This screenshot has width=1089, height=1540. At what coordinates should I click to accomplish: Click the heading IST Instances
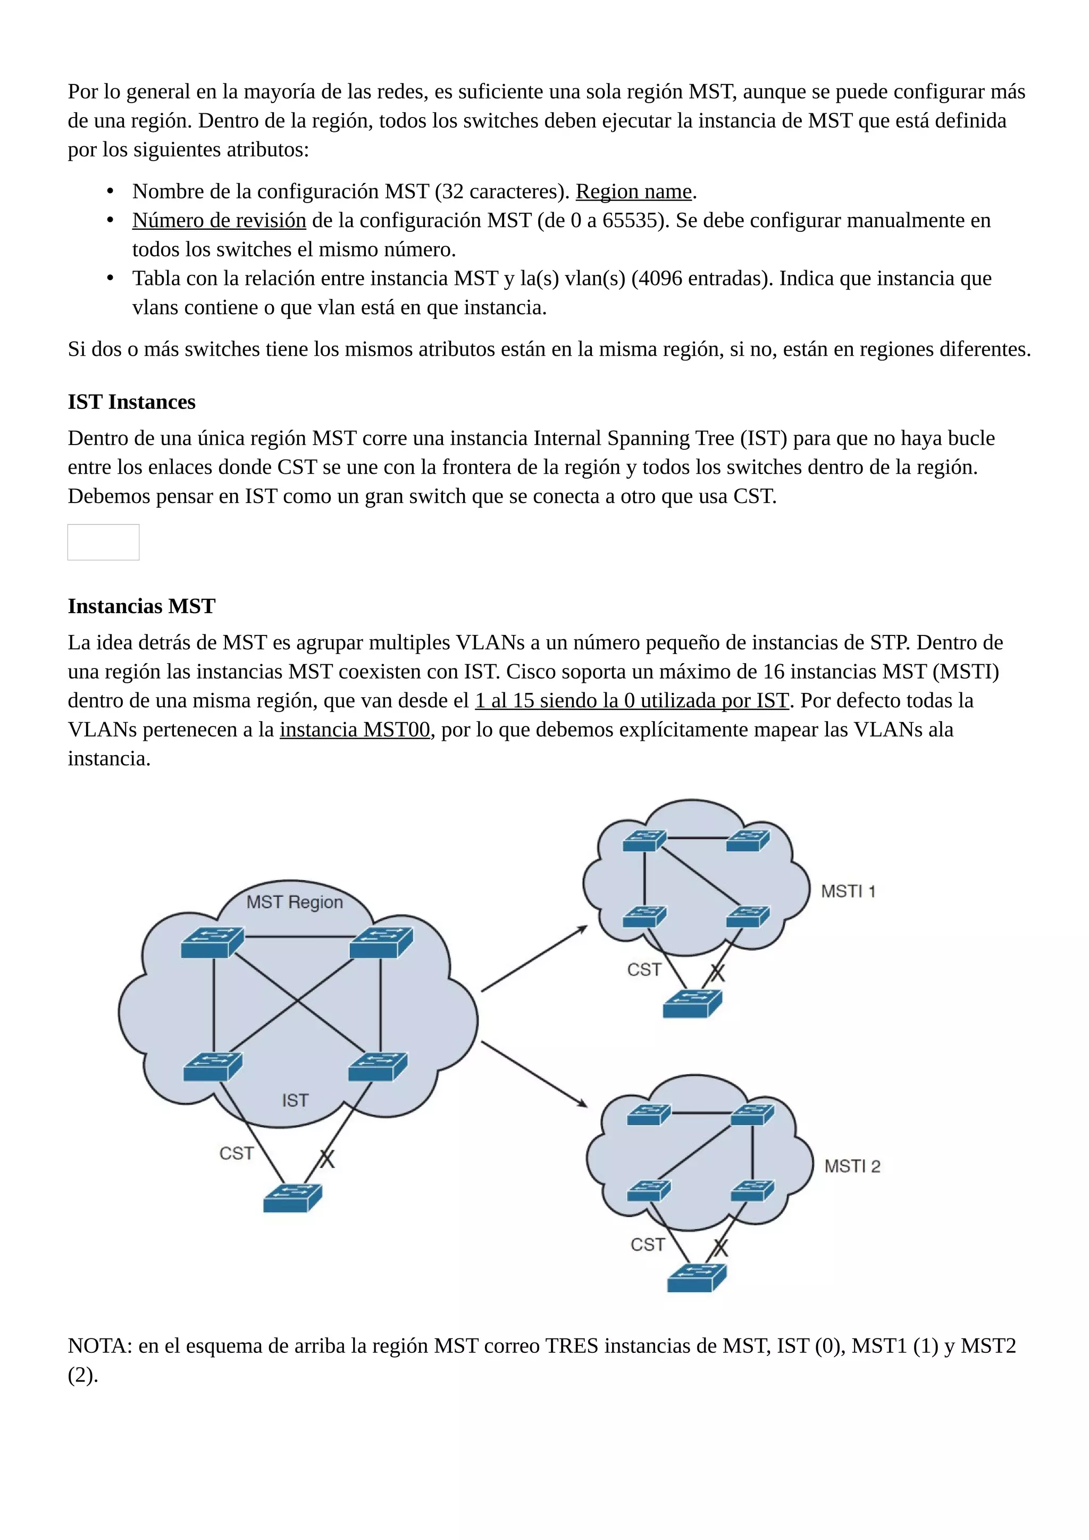(x=131, y=402)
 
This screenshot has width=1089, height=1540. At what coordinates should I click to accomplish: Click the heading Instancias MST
(x=141, y=606)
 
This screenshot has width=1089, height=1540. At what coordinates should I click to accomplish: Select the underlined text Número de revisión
(x=219, y=221)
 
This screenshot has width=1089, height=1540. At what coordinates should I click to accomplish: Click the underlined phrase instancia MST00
(x=355, y=730)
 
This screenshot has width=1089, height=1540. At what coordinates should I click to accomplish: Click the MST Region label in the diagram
(x=295, y=902)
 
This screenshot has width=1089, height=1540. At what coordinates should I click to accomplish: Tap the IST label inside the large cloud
(x=295, y=1100)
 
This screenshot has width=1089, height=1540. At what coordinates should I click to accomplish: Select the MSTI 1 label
(x=848, y=891)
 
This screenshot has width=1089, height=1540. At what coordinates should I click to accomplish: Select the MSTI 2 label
(x=852, y=1166)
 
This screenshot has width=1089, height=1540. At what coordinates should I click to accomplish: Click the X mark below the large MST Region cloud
(x=326, y=1159)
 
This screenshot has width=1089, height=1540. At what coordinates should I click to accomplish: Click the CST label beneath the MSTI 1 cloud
(x=644, y=970)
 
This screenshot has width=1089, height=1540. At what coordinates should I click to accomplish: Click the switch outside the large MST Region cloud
(x=292, y=1198)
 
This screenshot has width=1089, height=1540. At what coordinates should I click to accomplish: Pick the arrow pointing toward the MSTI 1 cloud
(x=534, y=958)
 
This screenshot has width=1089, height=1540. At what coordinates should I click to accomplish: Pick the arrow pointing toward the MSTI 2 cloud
(x=534, y=1073)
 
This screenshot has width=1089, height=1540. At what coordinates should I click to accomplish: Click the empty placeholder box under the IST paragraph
(x=103, y=542)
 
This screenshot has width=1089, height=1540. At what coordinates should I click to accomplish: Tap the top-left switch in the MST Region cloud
(x=212, y=942)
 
